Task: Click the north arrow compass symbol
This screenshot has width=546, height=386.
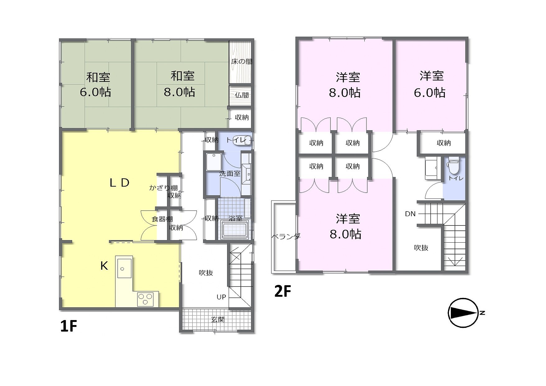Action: (463, 313)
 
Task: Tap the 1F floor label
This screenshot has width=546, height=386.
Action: (68, 326)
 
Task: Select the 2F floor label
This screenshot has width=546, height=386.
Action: (282, 291)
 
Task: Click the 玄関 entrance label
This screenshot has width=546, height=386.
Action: (218, 319)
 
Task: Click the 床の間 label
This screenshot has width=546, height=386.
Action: (242, 62)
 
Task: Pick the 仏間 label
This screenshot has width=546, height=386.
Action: (242, 95)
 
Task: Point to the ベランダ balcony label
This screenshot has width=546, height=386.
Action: (286, 236)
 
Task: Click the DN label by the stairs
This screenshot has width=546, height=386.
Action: (410, 214)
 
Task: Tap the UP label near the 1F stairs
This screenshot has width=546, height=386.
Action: (221, 297)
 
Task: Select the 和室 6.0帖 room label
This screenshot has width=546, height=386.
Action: (96, 85)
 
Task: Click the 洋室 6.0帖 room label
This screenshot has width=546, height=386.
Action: (430, 84)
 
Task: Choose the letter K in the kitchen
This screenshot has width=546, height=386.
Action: (104, 266)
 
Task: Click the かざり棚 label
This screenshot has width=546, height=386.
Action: (163, 188)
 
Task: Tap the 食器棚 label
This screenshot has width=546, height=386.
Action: (162, 219)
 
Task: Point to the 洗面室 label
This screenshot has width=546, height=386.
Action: (230, 174)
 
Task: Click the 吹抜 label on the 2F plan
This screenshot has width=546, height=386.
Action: (421, 248)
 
